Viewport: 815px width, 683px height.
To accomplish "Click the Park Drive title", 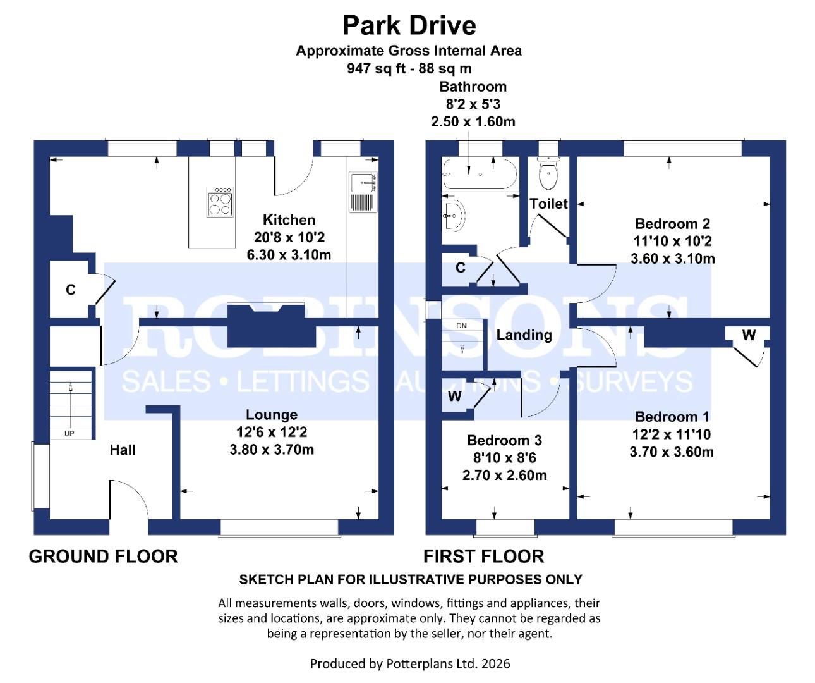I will (x=409, y=25).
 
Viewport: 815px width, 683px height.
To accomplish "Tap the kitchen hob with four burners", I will (x=219, y=202).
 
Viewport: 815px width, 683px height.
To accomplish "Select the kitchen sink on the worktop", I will (x=363, y=192).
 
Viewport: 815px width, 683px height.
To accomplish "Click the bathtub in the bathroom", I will (x=480, y=173).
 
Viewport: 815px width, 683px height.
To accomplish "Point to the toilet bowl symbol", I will (x=547, y=174).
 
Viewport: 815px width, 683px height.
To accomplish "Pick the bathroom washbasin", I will (x=454, y=216).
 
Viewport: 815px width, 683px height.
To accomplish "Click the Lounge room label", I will (x=272, y=415).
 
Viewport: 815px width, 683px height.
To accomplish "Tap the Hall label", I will (x=123, y=450).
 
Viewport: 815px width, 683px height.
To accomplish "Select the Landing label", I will (x=524, y=335).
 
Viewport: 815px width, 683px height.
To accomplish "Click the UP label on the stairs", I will (x=69, y=434).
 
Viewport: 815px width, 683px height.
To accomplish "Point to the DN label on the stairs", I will (x=461, y=326).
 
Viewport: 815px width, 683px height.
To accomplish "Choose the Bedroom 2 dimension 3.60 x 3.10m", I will (x=672, y=259).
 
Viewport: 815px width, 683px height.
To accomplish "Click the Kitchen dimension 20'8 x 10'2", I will (x=289, y=238).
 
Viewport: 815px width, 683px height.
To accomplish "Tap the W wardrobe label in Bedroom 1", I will (x=749, y=335).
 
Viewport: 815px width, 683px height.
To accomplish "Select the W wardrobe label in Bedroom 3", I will (x=454, y=397).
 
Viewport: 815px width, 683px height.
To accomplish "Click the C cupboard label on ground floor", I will (x=71, y=290).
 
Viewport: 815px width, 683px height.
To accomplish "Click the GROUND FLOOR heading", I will (x=103, y=557).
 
